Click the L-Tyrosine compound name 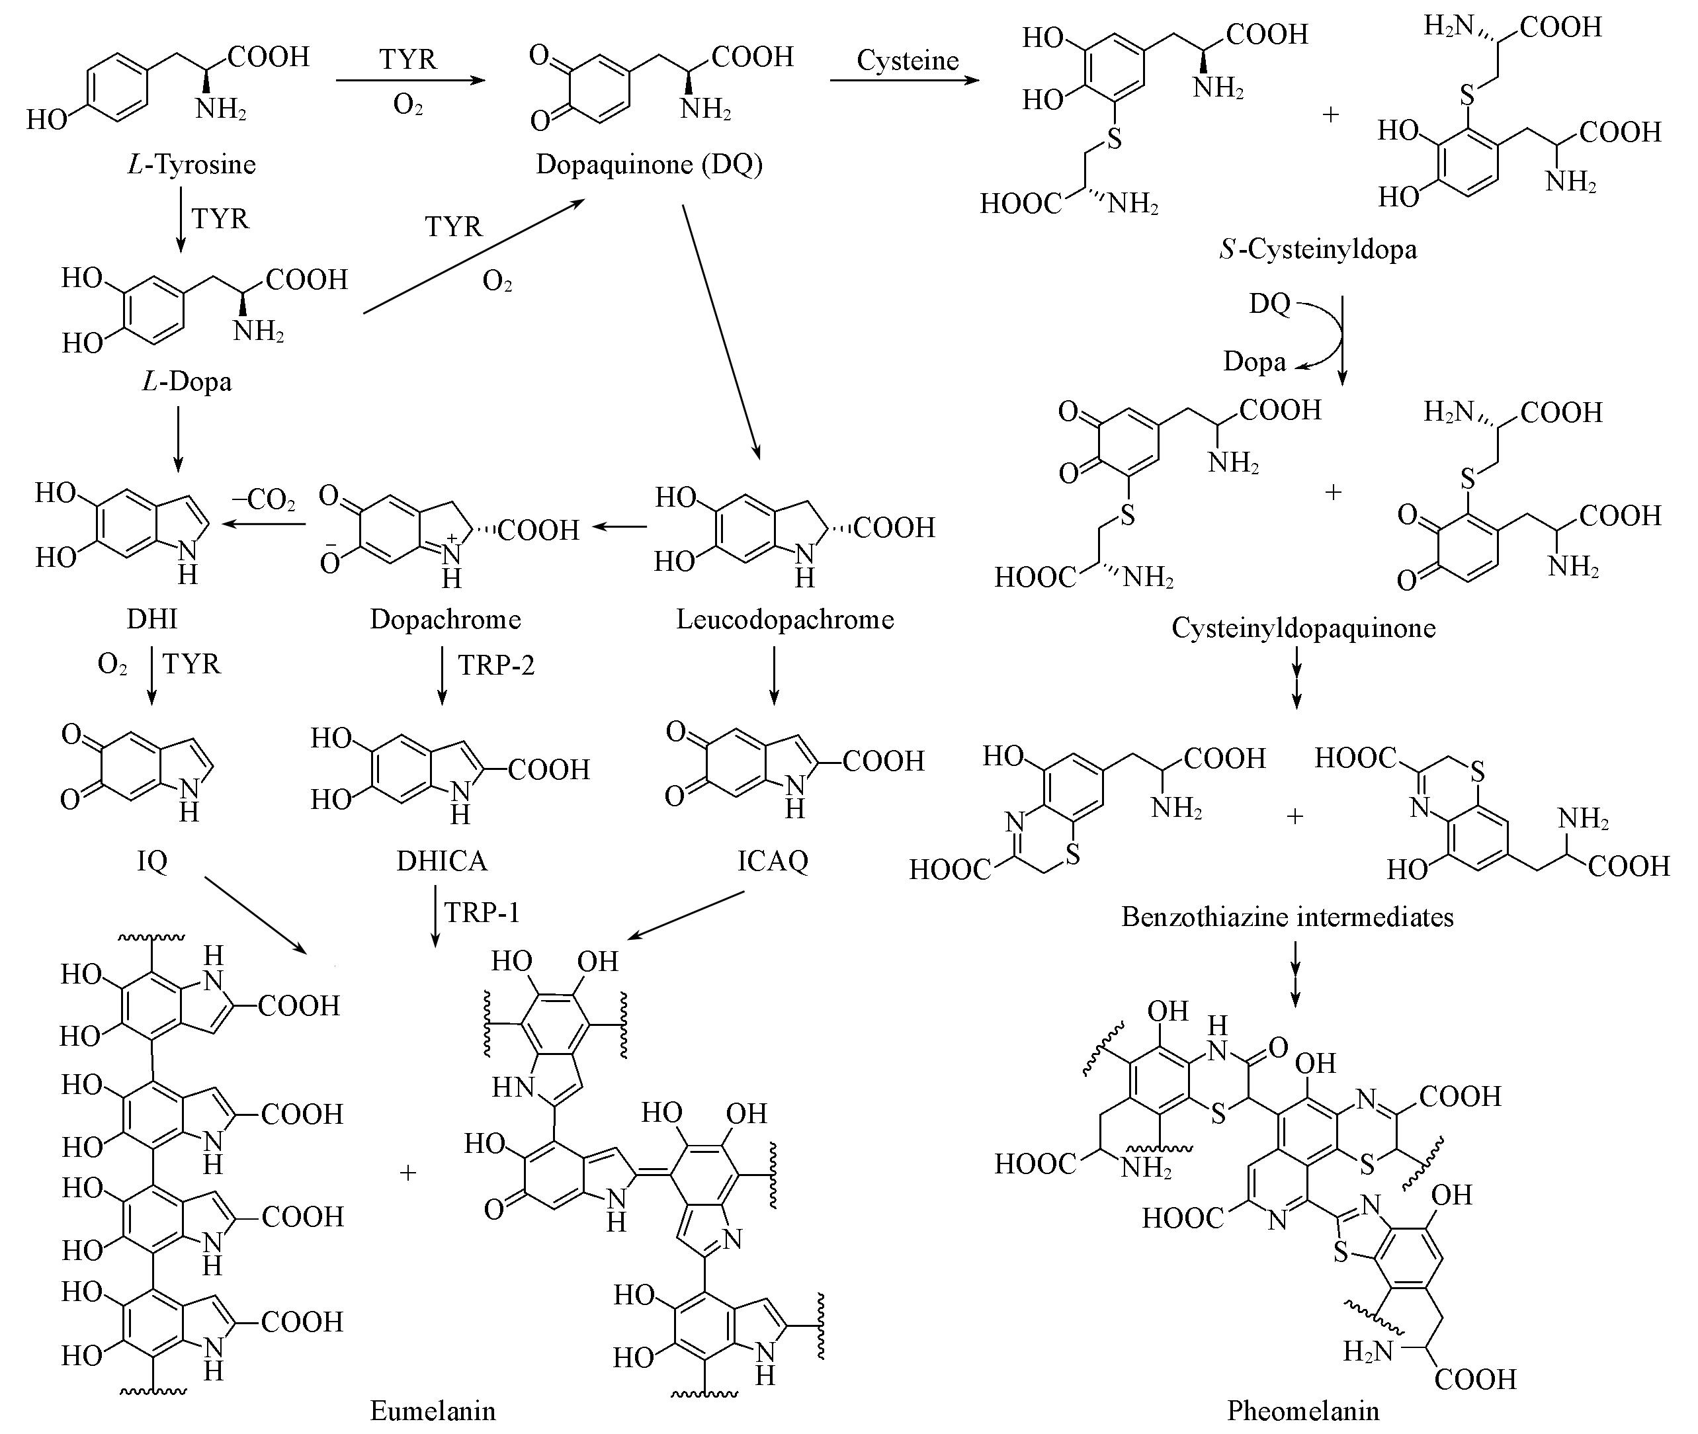(x=192, y=165)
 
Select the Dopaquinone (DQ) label (x=649, y=165)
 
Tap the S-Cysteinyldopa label (x=1318, y=249)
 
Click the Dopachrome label (x=445, y=620)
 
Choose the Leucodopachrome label (x=785, y=620)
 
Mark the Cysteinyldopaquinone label (x=1303, y=628)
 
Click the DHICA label (x=441, y=860)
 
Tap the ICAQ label (x=772, y=860)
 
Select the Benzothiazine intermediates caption (x=1287, y=917)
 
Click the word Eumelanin (x=433, y=1410)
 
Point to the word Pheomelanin (x=1303, y=1410)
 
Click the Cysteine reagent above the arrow (x=908, y=60)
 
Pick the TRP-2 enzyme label (x=496, y=665)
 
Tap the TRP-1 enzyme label (x=482, y=912)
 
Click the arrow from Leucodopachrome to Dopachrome (x=619, y=527)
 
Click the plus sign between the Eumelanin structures (x=408, y=1172)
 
